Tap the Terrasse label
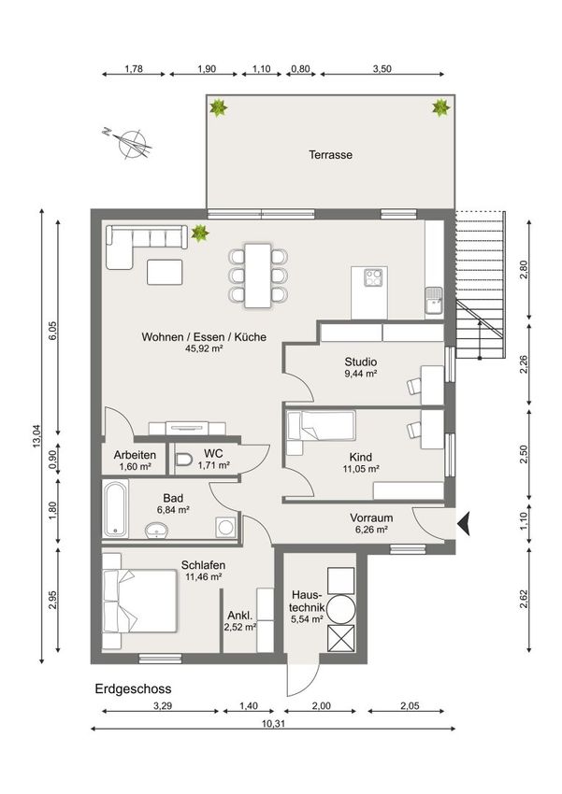pyautogui.click(x=330, y=155)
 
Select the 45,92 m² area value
pyautogui.click(x=205, y=348)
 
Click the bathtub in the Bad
pyautogui.click(x=115, y=508)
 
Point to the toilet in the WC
pyautogui.click(x=183, y=460)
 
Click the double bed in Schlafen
pyautogui.click(x=139, y=601)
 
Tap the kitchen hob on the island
pyautogui.click(x=374, y=277)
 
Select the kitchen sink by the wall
pyautogui.click(x=434, y=302)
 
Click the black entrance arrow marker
pyautogui.click(x=464, y=524)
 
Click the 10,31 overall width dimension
pyautogui.click(x=273, y=724)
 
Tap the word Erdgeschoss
pyautogui.click(x=134, y=689)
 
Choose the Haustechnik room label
pyautogui.click(x=307, y=606)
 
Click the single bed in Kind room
pyautogui.click(x=321, y=425)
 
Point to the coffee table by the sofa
pyautogui.click(x=165, y=272)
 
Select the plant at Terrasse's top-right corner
pyautogui.click(x=440, y=107)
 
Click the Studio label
pyautogui.click(x=361, y=362)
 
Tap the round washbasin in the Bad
pyautogui.click(x=156, y=531)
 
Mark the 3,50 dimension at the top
pyautogui.click(x=382, y=69)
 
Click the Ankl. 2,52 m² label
pyautogui.click(x=240, y=621)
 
